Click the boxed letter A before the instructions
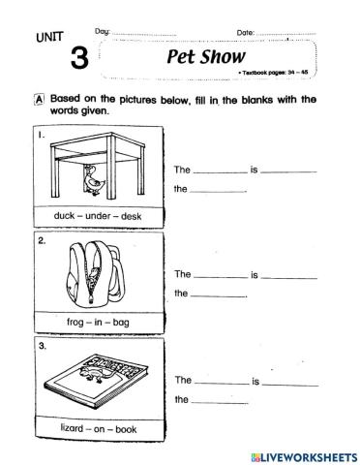pyautogui.click(x=39, y=99)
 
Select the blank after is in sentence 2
pyautogui.click(x=288, y=275)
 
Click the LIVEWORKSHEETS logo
pyautogui.click(x=304, y=454)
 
